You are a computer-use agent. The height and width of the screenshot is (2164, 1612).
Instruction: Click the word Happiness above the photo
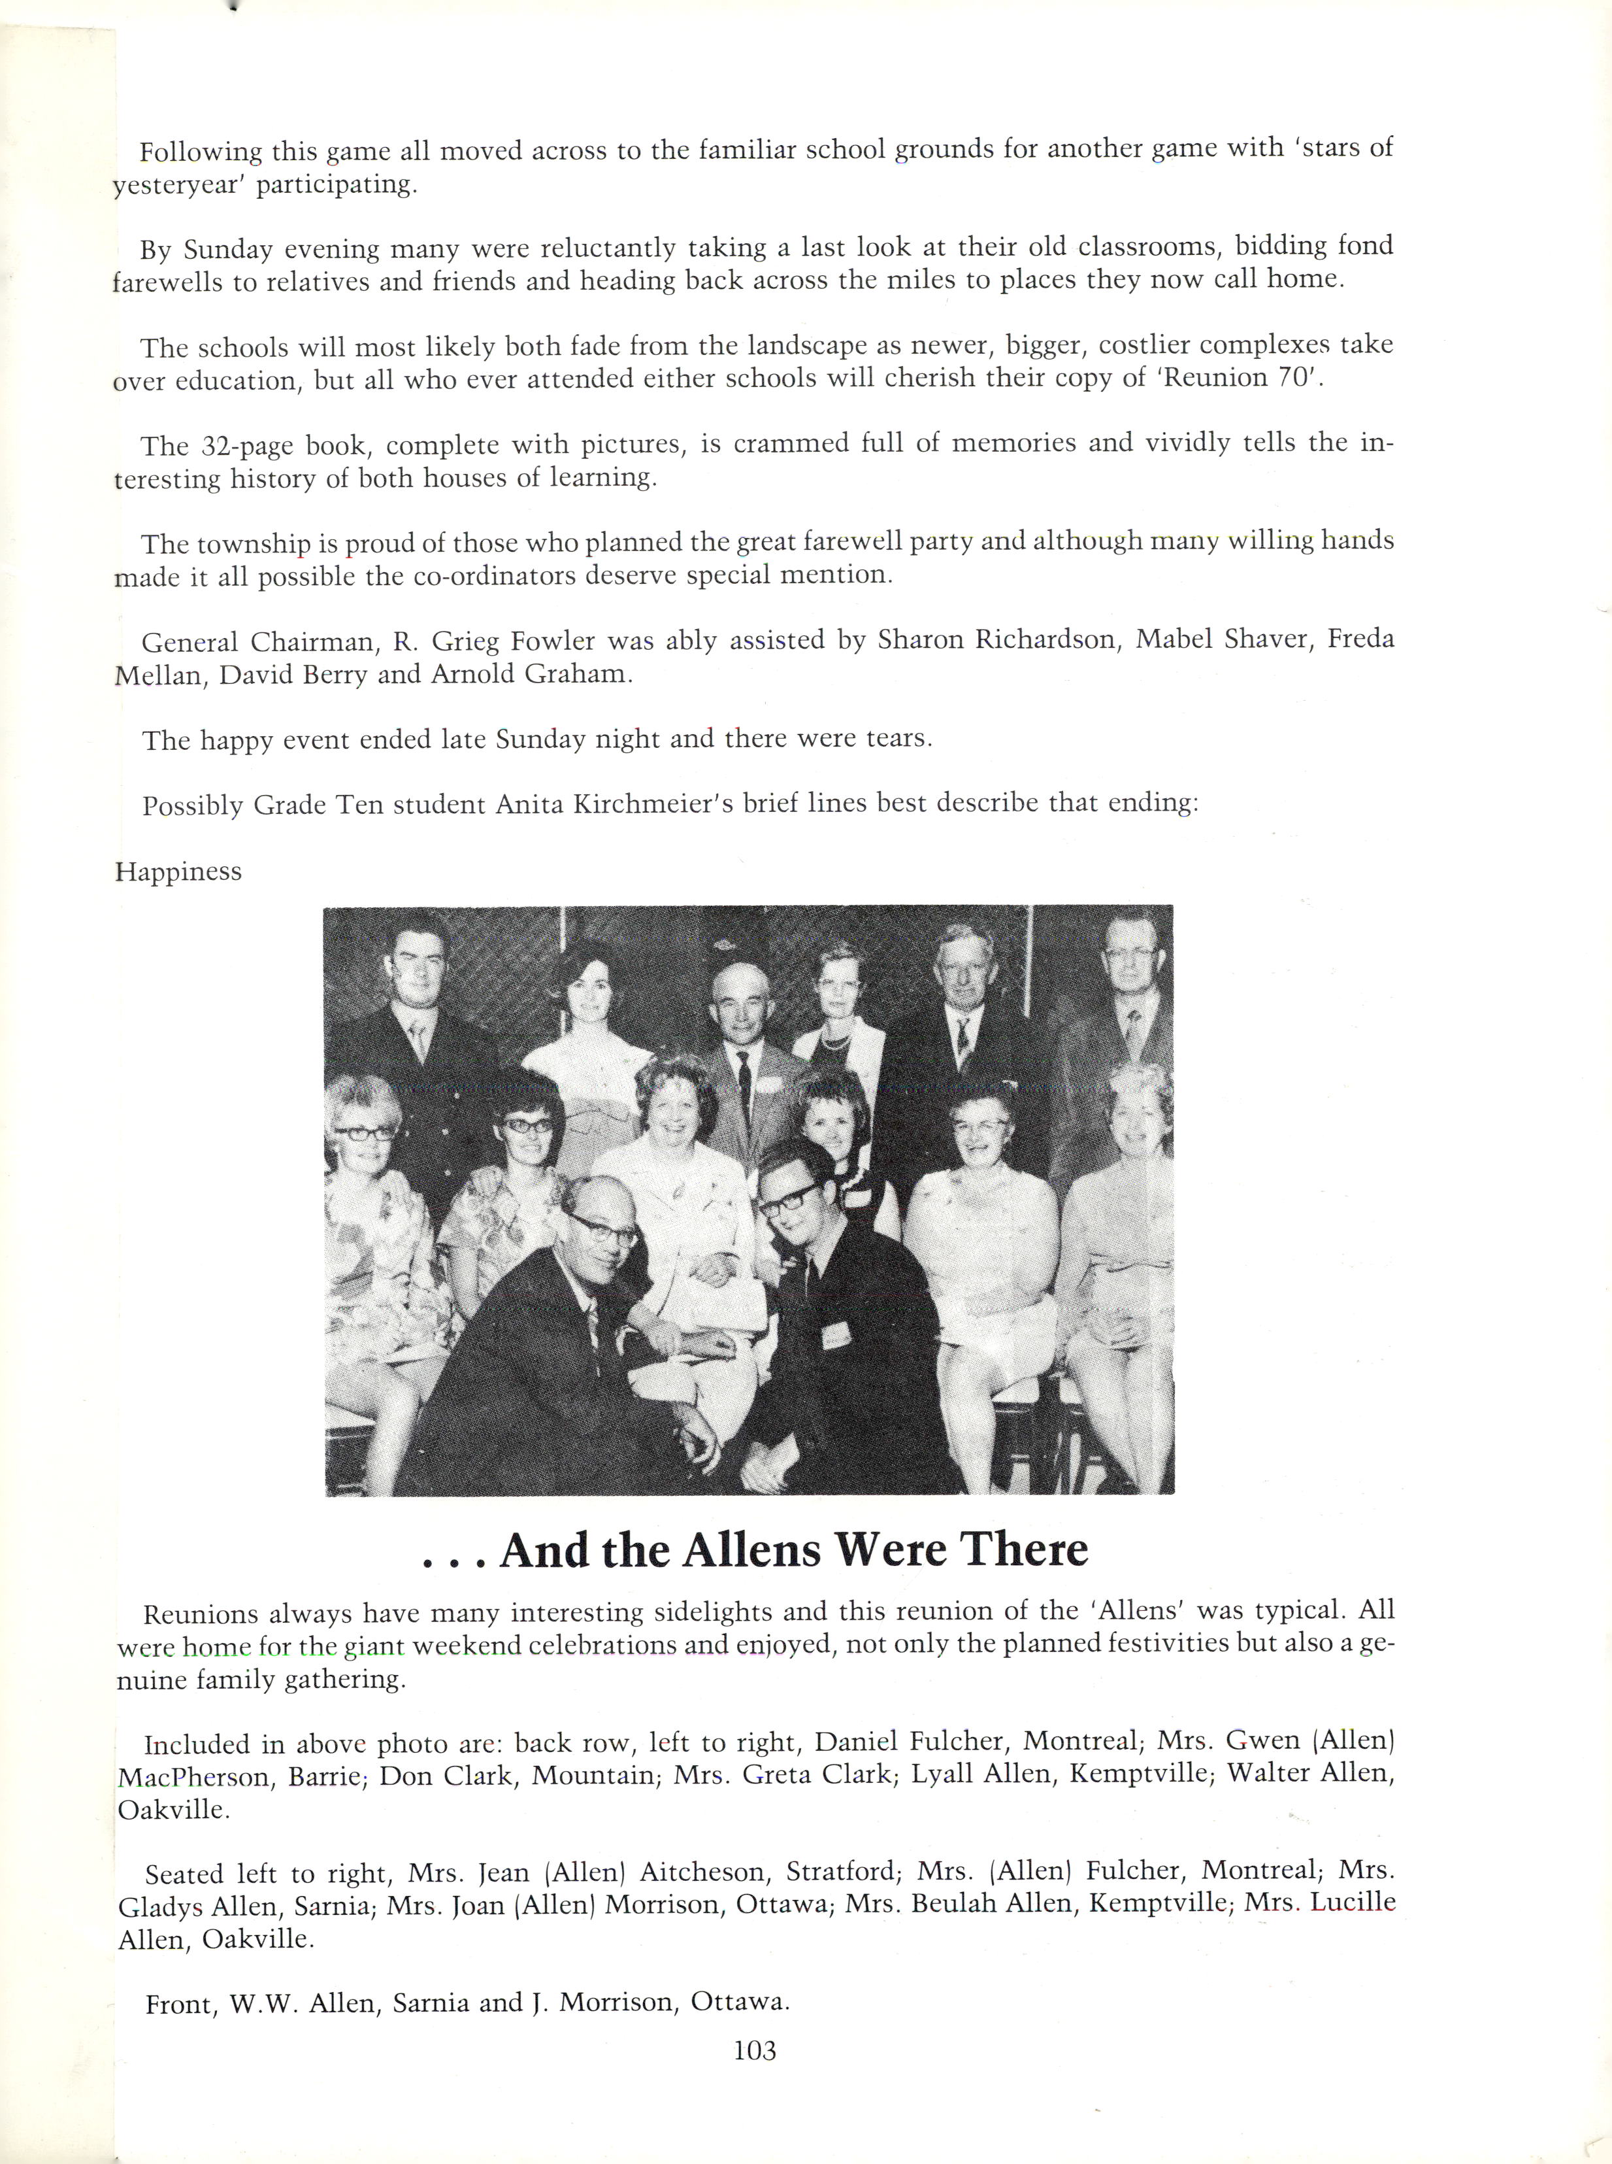[178, 871]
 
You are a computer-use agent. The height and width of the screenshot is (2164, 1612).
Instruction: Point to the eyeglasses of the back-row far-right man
[1131, 954]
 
